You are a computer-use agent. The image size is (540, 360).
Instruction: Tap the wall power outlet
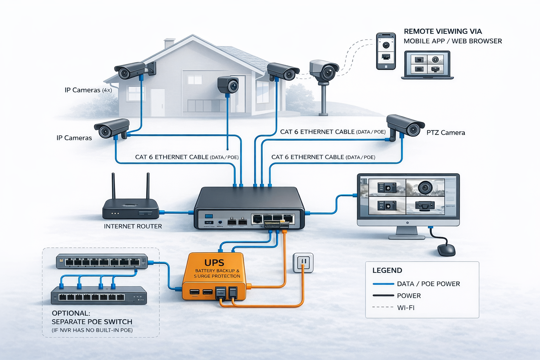coord(303,263)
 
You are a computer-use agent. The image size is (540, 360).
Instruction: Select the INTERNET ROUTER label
coord(133,226)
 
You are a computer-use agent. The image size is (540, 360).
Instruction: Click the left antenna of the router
coord(113,186)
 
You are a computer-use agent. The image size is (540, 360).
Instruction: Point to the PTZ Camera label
coord(445,133)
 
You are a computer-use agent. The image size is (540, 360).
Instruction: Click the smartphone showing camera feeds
coord(386,51)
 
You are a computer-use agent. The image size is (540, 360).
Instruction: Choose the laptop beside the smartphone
coord(427,65)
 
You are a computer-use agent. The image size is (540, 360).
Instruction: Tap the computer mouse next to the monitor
coord(446,250)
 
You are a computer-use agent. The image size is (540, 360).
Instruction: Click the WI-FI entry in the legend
coord(406,308)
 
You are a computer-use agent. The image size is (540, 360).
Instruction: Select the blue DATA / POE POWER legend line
coord(383,284)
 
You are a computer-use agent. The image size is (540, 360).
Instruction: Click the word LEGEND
coord(387,270)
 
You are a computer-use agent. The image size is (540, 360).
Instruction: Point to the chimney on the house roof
coord(169,44)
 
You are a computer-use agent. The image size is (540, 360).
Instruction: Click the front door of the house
coord(157,102)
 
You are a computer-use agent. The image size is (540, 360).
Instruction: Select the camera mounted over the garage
coord(228,85)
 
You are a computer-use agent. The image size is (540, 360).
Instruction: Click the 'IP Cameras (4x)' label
coord(88,90)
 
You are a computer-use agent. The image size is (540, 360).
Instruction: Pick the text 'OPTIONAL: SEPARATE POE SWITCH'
coord(92,317)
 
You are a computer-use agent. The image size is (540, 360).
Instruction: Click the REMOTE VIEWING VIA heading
coord(443,31)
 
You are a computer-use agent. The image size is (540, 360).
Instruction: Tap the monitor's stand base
coord(407,237)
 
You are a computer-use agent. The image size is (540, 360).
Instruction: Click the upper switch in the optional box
coord(102,262)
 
